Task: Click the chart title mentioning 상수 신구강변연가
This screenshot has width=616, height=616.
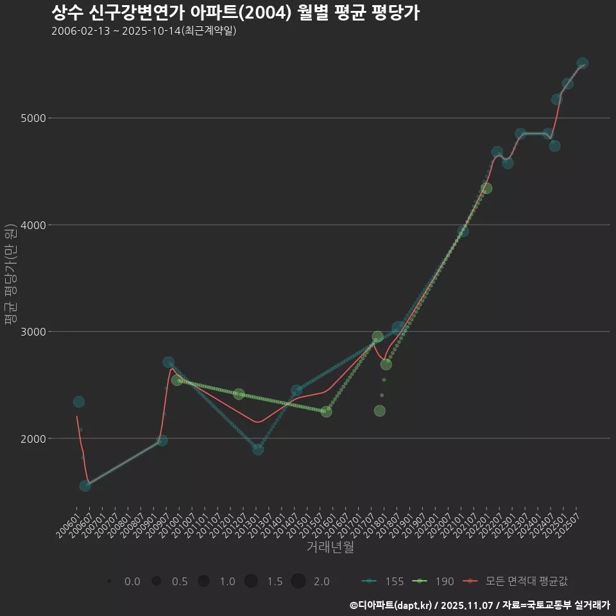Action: (x=235, y=13)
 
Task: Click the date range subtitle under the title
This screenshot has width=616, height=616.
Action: (x=144, y=31)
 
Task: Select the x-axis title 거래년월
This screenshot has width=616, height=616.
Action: (x=330, y=547)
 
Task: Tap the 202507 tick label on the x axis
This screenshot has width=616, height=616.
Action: (x=570, y=523)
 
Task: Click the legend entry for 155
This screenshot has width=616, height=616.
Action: (x=384, y=581)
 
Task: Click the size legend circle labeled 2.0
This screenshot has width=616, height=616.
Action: (x=298, y=581)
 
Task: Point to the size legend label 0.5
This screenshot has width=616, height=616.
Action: (x=180, y=581)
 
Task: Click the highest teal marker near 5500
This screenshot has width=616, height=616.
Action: (x=583, y=64)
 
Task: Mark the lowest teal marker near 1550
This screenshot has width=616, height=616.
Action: (x=85, y=486)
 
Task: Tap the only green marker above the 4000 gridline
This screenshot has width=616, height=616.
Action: (x=486, y=188)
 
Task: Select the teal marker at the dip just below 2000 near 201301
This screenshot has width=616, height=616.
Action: (x=258, y=449)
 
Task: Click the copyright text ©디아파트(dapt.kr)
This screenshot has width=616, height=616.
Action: (x=391, y=605)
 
